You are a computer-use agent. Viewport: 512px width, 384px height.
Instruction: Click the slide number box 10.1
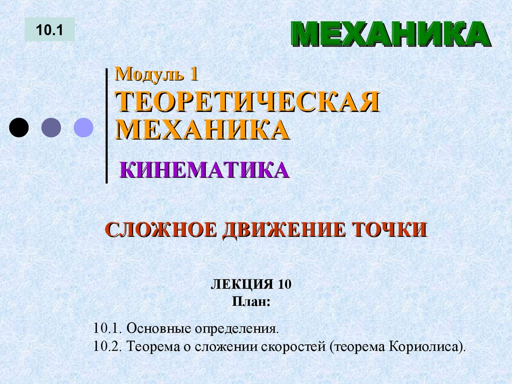pyautogui.click(x=49, y=29)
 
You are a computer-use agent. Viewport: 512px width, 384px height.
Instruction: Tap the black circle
pyautogui.click(x=19, y=127)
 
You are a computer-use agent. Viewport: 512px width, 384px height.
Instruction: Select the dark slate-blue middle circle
pyautogui.click(x=51, y=127)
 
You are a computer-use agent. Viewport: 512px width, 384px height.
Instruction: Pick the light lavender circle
pyautogui.click(x=83, y=127)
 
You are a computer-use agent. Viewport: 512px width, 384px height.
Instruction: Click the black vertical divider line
pyautogui.click(x=106, y=125)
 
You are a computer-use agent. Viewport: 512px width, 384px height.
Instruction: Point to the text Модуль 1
pyautogui.click(x=157, y=74)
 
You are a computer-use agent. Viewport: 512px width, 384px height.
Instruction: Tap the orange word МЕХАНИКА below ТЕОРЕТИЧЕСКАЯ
pyautogui.click(x=202, y=130)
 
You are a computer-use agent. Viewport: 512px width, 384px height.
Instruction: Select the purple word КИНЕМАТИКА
pyautogui.click(x=204, y=170)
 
